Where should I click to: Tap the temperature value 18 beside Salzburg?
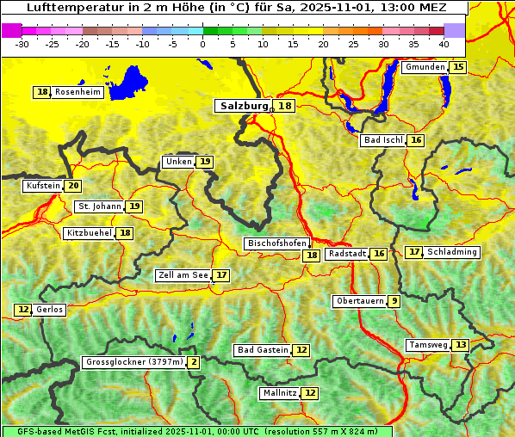coord(285,106)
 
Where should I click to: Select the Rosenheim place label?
coord(78,92)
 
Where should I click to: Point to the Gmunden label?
coord(425,67)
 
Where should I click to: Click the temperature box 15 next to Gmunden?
coord(458,67)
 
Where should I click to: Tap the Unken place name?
coord(178,162)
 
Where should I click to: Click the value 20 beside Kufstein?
coord(73,186)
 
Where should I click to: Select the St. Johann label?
coord(99,206)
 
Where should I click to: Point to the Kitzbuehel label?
coord(89,233)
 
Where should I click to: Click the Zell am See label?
coord(183,275)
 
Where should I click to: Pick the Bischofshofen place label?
coord(276,244)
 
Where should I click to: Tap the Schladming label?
coord(452,252)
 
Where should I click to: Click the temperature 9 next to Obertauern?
coord(394,301)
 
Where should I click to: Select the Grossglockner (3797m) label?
coord(134,362)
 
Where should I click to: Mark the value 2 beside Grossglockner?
coord(194,362)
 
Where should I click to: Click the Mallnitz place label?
coord(279,393)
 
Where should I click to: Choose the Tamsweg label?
coord(429,345)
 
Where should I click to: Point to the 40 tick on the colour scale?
coord(444,44)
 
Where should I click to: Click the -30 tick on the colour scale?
coord(22,44)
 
